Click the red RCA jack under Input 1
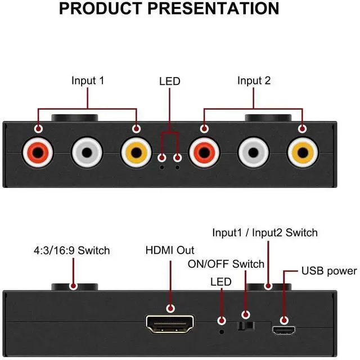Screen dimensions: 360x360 click(38, 152)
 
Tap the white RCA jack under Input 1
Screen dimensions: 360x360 click(87, 152)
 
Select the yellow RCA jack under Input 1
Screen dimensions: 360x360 click(136, 152)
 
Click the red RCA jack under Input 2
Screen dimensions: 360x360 click(204, 152)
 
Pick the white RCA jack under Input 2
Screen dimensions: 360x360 click(253, 152)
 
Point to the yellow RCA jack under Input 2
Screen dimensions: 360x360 click(303, 152)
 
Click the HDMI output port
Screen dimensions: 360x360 click(170, 324)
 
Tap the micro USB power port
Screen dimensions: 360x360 click(284, 330)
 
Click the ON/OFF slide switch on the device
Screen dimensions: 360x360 click(246, 326)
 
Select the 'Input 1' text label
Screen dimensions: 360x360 click(88, 80)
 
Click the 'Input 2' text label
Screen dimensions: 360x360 click(254, 80)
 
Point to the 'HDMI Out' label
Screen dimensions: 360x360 click(170, 250)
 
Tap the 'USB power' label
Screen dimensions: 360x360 click(329, 271)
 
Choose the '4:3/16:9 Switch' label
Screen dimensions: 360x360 click(72, 250)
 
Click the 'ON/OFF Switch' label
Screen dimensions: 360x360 click(226, 264)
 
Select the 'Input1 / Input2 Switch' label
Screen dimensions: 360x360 click(265, 232)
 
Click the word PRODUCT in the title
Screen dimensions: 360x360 click(101, 8)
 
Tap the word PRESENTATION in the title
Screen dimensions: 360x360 click(213, 8)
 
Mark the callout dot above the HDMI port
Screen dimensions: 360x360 click(170, 308)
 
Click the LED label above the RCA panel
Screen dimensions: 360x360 click(170, 81)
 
